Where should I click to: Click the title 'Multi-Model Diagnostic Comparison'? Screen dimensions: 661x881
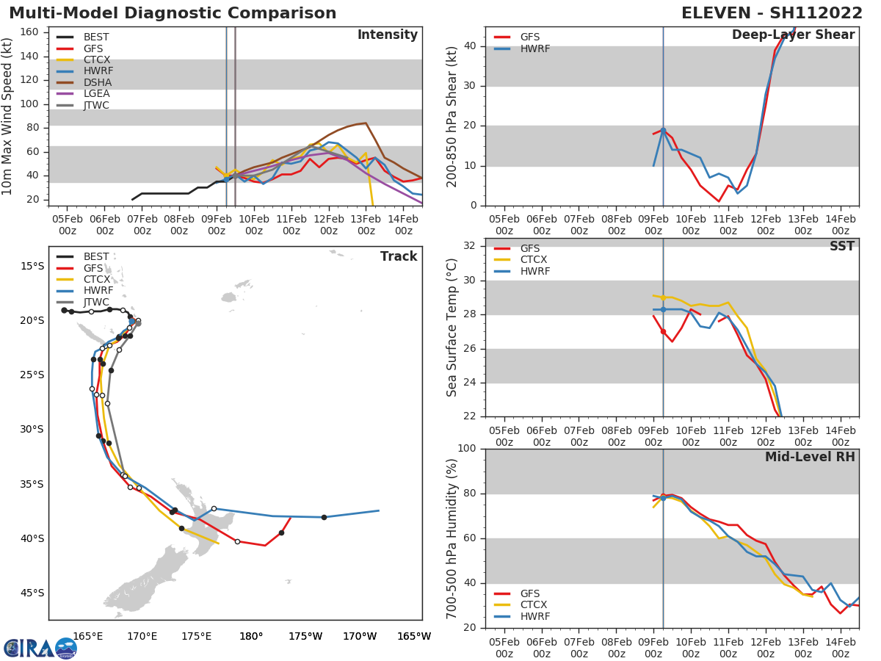(x=173, y=13)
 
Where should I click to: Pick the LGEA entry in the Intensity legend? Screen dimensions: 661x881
(x=97, y=94)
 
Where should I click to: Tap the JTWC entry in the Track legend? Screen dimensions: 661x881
(x=96, y=303)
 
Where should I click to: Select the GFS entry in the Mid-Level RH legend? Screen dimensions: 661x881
(x=529, y=593)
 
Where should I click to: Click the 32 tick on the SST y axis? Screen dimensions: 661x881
(x=470, y=246)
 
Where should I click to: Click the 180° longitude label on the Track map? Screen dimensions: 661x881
(x=251, y=637)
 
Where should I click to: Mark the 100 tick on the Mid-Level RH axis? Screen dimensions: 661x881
(x=466, y=449)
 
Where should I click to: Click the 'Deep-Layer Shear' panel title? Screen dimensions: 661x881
(x=793, y=35)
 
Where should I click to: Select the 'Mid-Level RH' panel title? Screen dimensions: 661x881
(x=810, y=458)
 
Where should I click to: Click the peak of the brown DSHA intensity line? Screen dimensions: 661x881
(x=366, y=123)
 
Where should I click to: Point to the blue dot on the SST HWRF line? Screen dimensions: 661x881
(x=663, y=309)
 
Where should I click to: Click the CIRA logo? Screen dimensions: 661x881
(x=40, y=648)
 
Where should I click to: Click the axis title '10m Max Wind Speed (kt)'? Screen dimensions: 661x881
(x=8, y=116)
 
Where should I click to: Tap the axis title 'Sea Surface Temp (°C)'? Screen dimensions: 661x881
(x=452, y=327)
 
